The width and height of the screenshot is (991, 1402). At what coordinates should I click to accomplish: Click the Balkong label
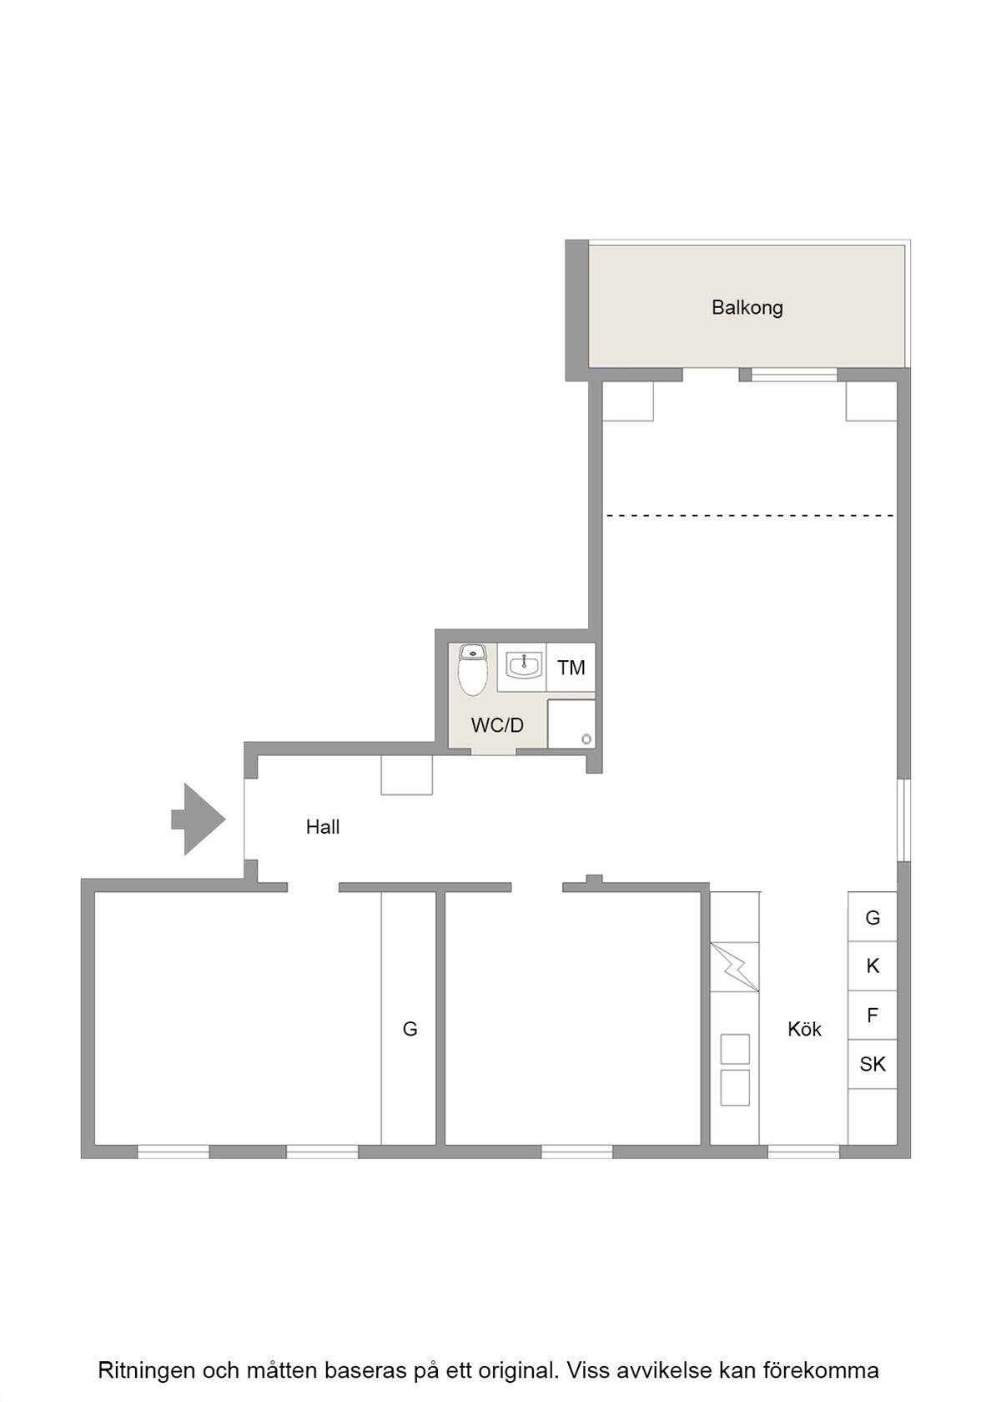(747, 308)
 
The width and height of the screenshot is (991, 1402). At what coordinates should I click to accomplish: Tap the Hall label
(323, 827)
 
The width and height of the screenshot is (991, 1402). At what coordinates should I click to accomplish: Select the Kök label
(804, 1029)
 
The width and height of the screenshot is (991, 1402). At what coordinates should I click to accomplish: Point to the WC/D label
(497, 724)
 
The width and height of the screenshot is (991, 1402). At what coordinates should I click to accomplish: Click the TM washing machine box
(571, 668)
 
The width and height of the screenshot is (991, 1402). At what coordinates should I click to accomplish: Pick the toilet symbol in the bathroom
(472, 670)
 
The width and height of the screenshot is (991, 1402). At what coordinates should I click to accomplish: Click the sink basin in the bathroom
(524, 665)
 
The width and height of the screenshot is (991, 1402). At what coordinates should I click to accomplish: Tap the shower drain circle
(586, 739)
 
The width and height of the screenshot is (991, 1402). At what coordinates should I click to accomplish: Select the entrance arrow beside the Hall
(199, 819)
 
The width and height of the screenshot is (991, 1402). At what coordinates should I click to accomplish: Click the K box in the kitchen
(873, 966)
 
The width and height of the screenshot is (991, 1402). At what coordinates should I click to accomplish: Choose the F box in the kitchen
(873, 1015)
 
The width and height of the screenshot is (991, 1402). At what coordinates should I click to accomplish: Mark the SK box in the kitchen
(873, 1064)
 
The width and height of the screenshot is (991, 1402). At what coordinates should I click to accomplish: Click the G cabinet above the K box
(873, 917)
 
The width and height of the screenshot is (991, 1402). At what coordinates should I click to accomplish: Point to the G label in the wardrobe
(410, 1029)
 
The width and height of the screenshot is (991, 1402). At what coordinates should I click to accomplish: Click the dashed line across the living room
(750, 516)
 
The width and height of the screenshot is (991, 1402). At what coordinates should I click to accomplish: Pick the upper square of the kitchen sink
(734, 1049)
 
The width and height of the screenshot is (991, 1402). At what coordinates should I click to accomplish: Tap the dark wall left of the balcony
(577, 310)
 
